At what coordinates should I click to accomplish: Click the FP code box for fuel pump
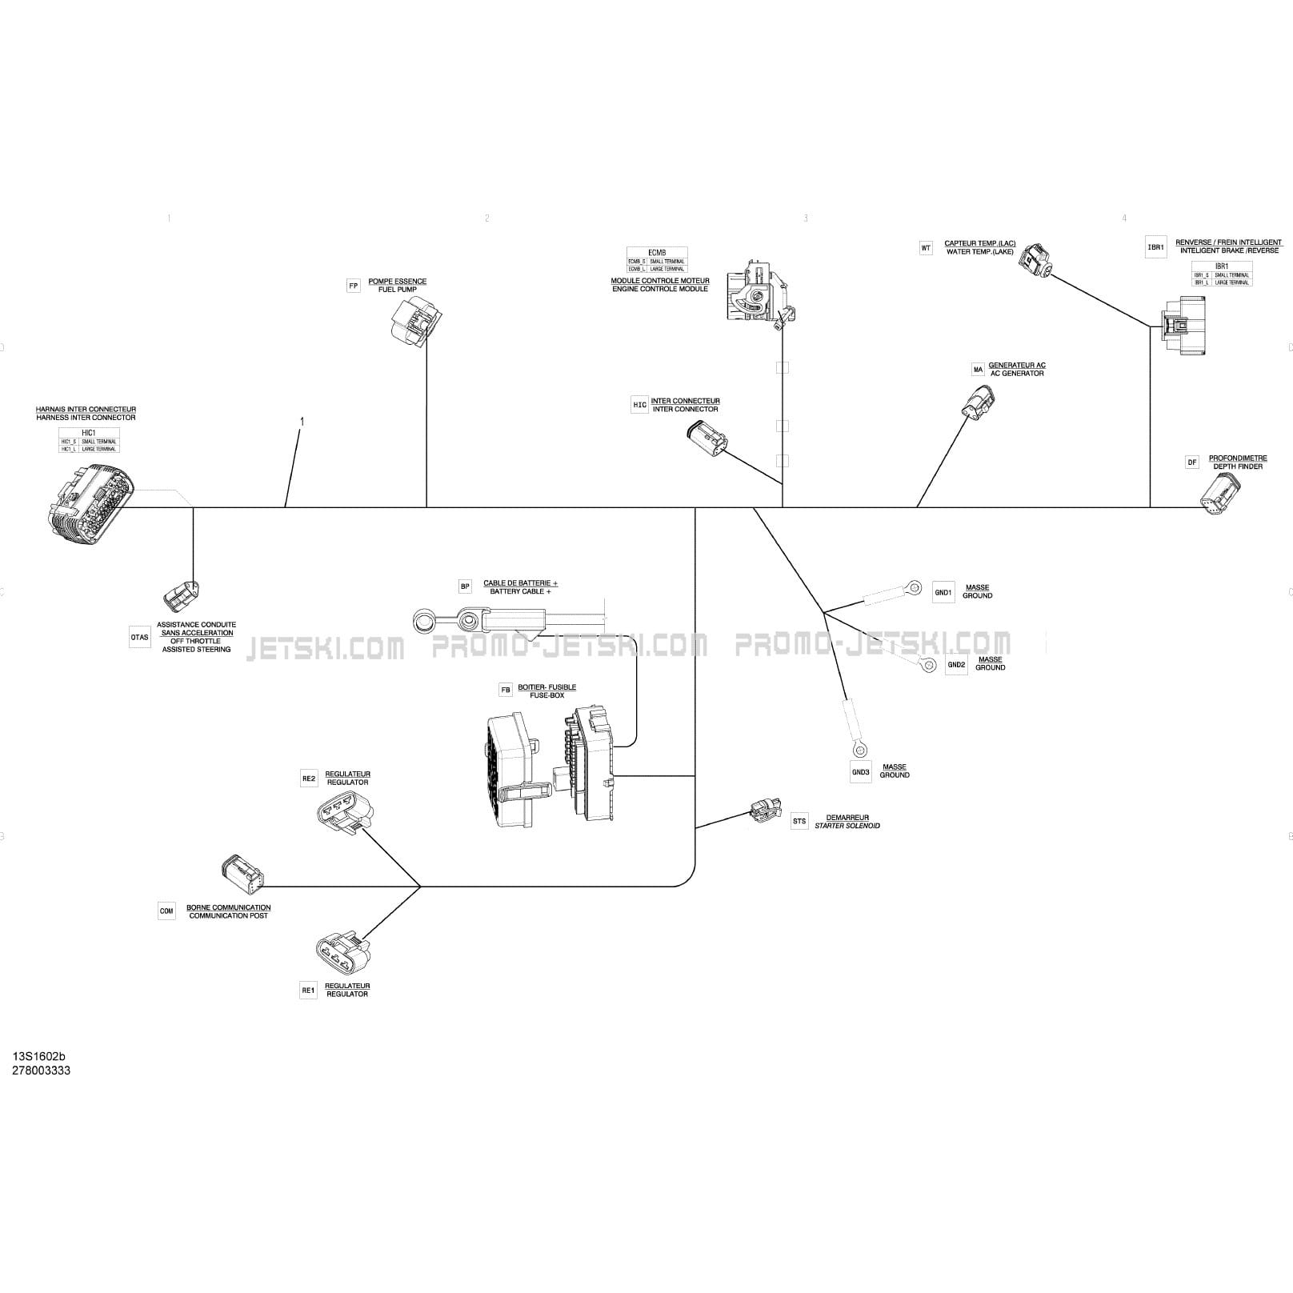click(354, 286)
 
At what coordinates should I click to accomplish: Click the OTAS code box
click(139, 638)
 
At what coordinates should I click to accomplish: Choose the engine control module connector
click(756, 294)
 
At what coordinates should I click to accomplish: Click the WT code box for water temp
click(926, 248)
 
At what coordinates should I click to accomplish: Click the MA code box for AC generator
click(978, 370)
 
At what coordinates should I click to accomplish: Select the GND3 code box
click(860, 772)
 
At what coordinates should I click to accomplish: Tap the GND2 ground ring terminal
click(928, 664)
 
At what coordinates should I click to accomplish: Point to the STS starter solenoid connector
click(764, 810)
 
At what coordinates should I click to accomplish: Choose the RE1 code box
click(309, 991)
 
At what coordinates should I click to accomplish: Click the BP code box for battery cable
click(466, 586)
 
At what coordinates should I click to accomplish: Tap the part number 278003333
click(41, 1071)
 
